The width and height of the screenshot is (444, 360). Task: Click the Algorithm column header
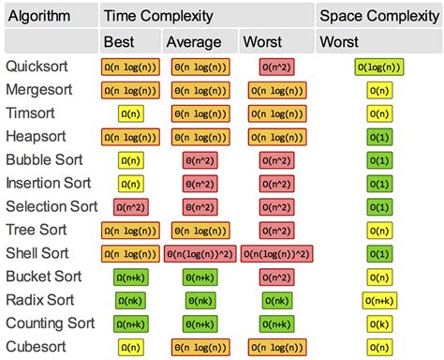click(x=39, y=16)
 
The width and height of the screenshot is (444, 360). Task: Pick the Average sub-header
click(x=194, y=41)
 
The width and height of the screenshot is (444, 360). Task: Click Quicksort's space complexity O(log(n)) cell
click(x=379, y=67)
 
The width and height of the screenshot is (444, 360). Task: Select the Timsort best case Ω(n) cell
click(x=130, y=113)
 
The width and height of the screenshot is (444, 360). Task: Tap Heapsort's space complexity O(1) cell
click(x=379, y=137)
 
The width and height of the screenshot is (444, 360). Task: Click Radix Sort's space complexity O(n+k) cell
click(x=379, y=301)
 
